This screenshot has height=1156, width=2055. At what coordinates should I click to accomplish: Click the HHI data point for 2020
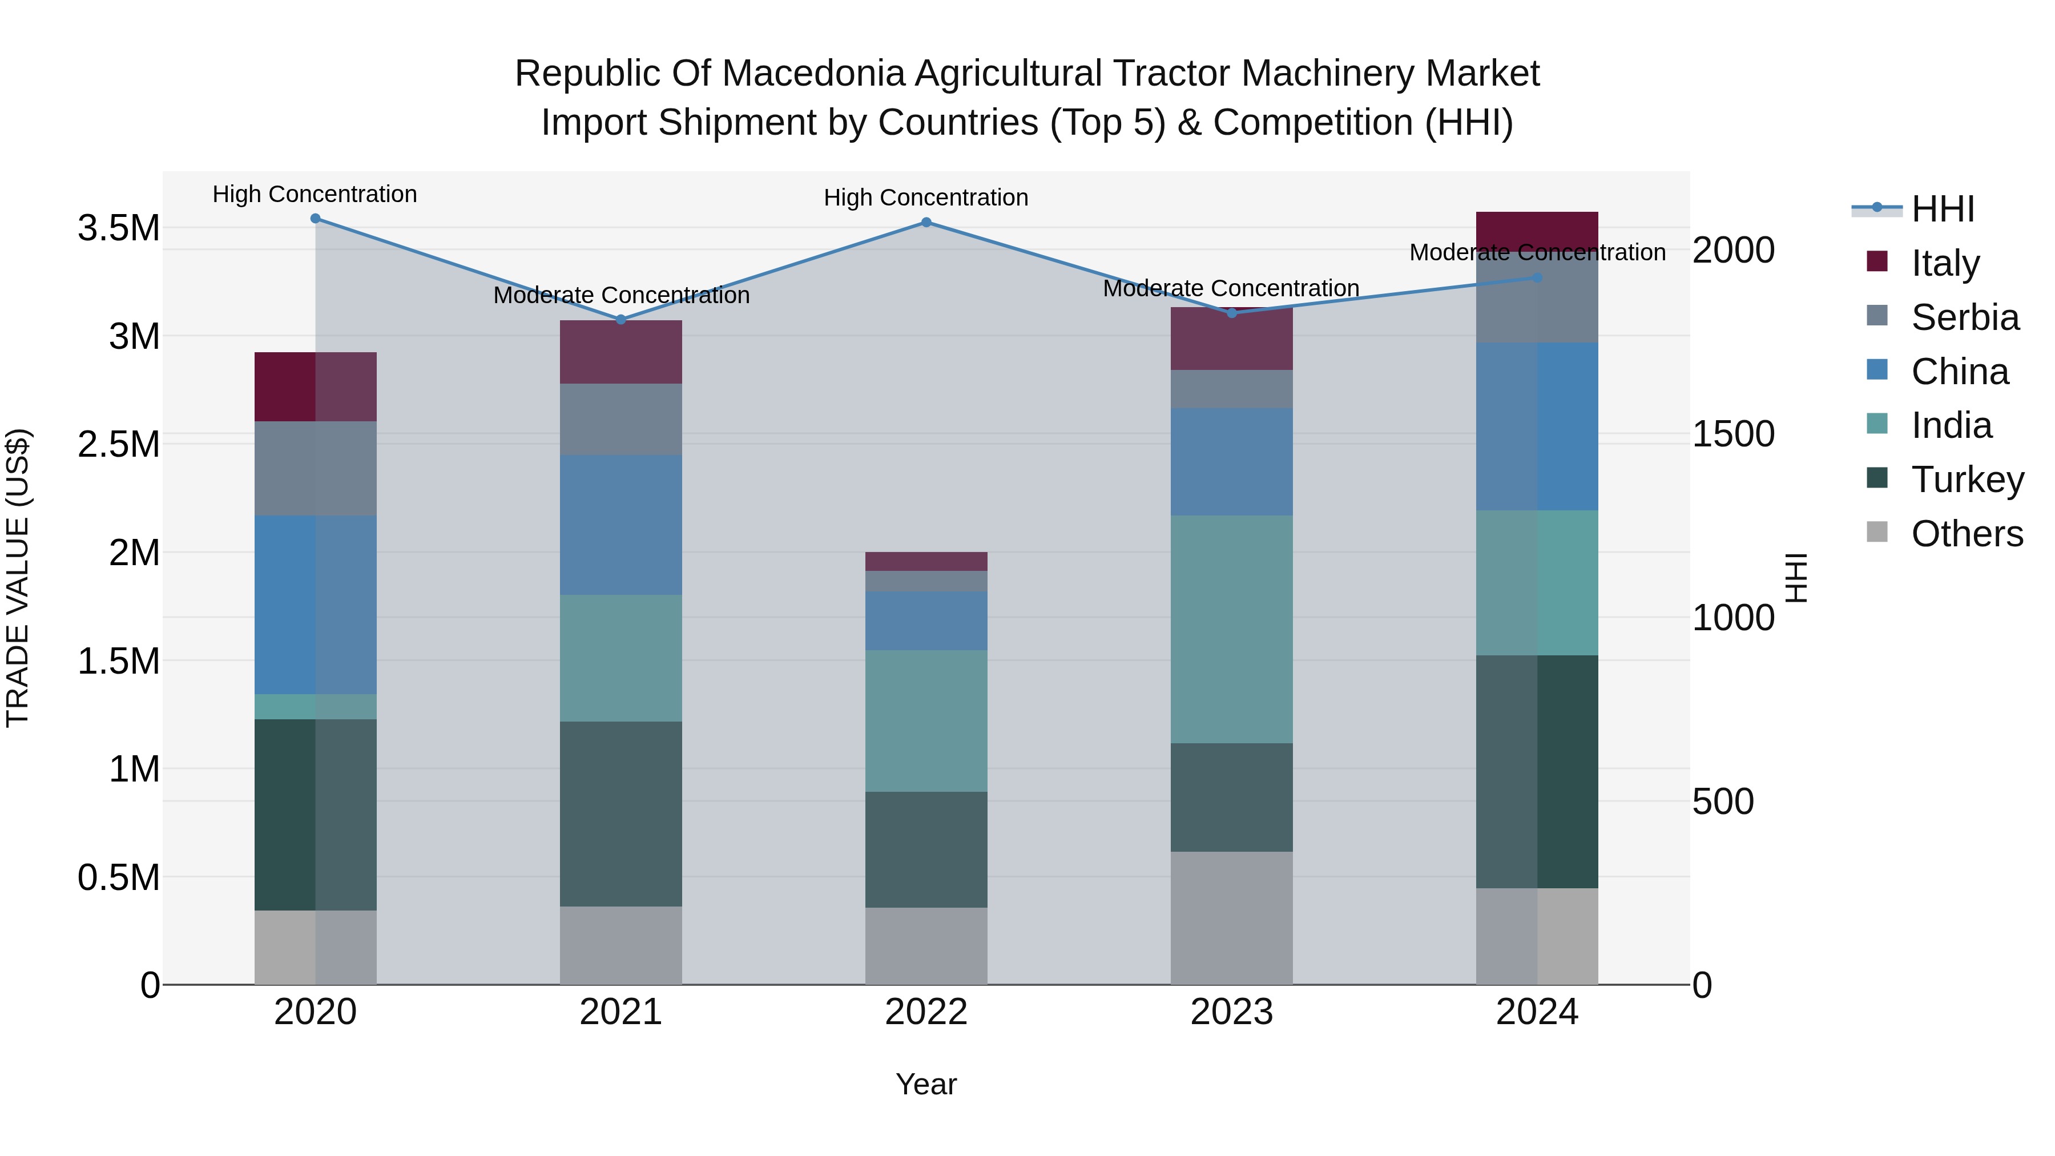point(315,219)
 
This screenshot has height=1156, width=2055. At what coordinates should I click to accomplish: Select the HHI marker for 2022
point(926,223)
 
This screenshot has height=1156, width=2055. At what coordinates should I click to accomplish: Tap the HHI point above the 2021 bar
point(620,320)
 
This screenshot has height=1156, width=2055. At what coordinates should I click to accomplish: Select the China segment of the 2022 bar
point(926,620)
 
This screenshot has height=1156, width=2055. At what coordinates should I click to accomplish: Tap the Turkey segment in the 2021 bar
point(620,813)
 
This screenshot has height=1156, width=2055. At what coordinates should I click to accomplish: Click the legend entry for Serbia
point(1965,317)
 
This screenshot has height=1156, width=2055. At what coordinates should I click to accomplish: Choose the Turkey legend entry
point(1967,480)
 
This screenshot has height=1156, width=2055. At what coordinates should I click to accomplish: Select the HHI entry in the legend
point(1943,209)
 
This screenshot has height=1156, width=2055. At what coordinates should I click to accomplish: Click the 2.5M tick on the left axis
point(118,444)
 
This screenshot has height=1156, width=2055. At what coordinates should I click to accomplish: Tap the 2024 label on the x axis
point(1537,1012)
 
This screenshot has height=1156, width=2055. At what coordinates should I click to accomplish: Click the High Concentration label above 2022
point(926,198)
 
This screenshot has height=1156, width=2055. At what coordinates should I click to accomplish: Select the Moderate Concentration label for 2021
point(620,295)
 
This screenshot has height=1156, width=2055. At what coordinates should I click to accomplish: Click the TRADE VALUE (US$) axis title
point(18,578)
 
